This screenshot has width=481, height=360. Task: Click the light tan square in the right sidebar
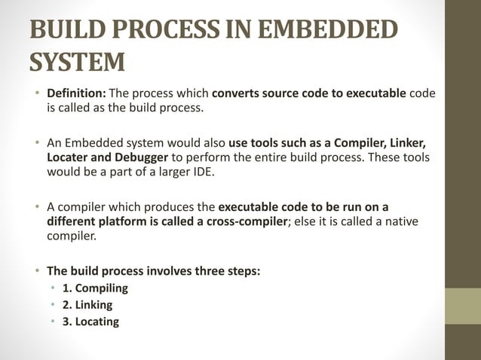[462, 306]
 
